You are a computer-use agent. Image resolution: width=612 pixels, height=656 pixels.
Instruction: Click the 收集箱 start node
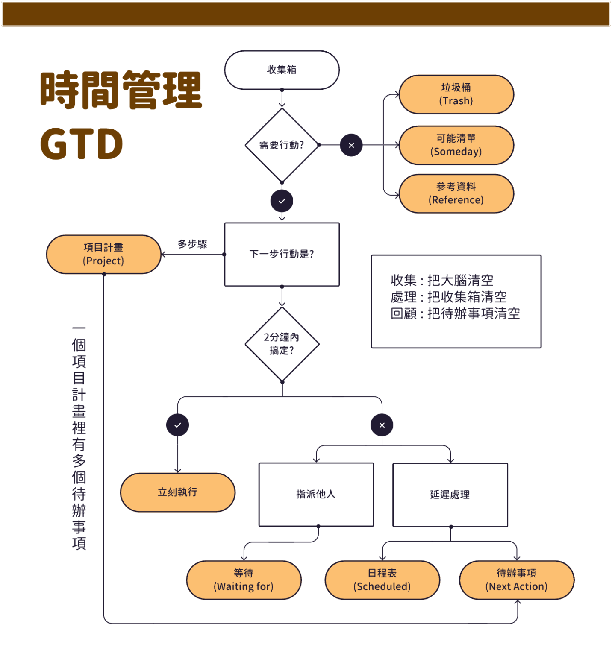point(282,70)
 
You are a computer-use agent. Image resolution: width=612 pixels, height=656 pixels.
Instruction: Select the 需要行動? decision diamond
point(282,145)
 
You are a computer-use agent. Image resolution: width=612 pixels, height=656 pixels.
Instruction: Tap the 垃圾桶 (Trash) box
point(456,94)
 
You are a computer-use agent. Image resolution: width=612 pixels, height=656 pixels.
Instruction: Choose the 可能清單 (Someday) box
point(456,145)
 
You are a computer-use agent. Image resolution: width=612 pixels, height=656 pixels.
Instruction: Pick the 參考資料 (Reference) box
point(456,193)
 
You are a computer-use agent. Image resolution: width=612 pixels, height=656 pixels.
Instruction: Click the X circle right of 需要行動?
point(351,145)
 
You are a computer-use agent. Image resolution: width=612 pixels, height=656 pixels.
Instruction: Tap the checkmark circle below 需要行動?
point(282,201)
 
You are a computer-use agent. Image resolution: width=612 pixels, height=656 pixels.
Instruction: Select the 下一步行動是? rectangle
point(282,255)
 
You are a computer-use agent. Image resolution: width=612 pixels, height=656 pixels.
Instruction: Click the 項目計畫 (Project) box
point(103,255)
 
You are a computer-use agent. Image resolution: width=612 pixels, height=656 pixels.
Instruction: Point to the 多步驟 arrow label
point(192,244)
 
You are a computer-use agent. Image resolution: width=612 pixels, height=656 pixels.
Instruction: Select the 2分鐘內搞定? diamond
point(282,344)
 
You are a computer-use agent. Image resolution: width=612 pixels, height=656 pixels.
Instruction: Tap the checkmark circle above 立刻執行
point(178,425)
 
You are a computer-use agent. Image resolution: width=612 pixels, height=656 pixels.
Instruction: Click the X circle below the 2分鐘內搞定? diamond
point(382,425)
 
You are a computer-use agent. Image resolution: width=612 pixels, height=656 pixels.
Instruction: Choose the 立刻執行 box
point(178,492)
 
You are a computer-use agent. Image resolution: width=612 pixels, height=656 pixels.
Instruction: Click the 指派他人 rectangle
point(316,495)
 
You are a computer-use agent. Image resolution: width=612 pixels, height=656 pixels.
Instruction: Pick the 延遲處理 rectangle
point(450,495)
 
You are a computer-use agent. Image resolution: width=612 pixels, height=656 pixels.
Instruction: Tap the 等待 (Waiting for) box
point(244,580)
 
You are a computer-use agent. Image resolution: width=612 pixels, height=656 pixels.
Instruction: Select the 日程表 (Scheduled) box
point(382,580)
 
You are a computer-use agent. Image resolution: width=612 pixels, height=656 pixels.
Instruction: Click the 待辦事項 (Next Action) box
point(517,580)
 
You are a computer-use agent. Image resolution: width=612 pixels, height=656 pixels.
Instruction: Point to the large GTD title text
point(82,144)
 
